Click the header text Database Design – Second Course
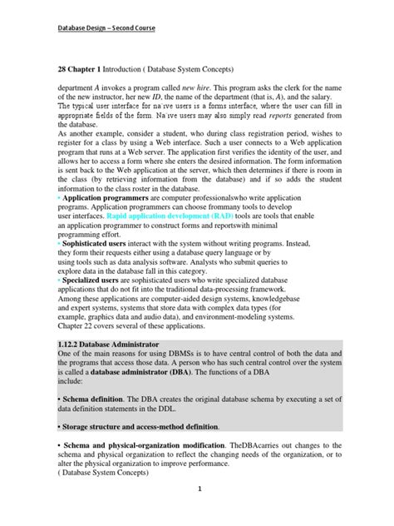pos(105,27)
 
